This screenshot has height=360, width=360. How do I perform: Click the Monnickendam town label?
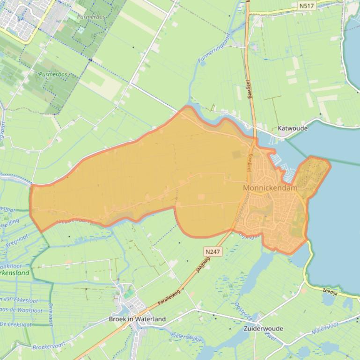(x=271, y=187)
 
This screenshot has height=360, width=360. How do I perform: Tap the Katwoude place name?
(x=293, y=128)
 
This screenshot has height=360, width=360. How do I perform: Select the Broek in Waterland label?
(x=137, y=319)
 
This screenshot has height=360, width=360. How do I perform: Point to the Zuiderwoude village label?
(x=264, y=328)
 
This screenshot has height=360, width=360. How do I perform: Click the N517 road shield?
(x=307, y=6)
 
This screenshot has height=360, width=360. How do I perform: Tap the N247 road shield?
(x=213, y=252)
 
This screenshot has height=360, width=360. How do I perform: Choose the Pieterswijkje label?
(x=186, y=337)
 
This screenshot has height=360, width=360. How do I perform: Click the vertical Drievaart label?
(x=51, y=314)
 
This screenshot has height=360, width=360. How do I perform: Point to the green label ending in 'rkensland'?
(x=15, y=273)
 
